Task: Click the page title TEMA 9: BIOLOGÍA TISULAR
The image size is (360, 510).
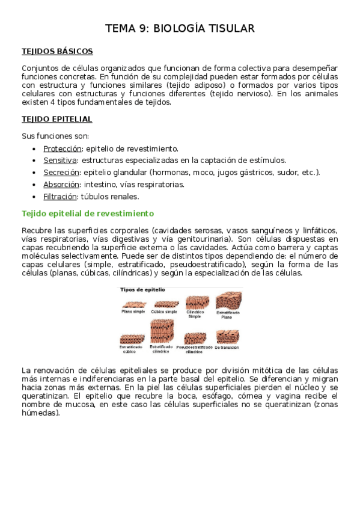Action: [x=180, y=28]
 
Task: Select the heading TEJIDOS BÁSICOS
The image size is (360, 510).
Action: [x=57, y=51]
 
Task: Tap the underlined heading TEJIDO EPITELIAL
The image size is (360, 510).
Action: [x=57, y=120]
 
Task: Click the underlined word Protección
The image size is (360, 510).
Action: [x=64, y=149]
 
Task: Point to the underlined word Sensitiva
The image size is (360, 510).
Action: [x=60, y=161]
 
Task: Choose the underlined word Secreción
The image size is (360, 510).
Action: [x=61, y=173]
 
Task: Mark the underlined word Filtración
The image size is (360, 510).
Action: [x=61, y=197]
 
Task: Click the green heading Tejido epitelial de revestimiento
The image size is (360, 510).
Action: [x=88, y=214]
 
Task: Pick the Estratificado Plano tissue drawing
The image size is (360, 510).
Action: [x=228, y=300]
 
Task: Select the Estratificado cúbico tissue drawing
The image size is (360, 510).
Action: [x=130, y=337]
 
